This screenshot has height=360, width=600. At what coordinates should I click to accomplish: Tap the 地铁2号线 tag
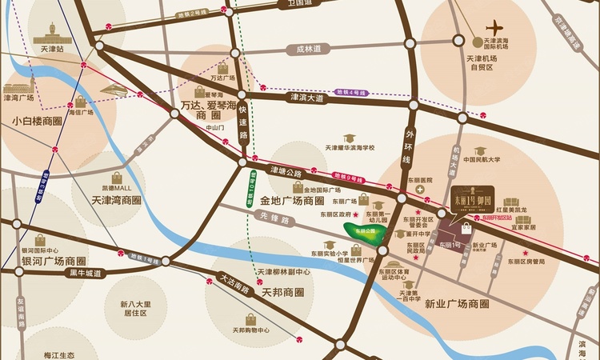click(194, 14)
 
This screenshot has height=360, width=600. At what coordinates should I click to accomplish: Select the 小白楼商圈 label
click(37, 122)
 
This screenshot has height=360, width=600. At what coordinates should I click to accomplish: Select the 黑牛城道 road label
click(86, 273)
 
